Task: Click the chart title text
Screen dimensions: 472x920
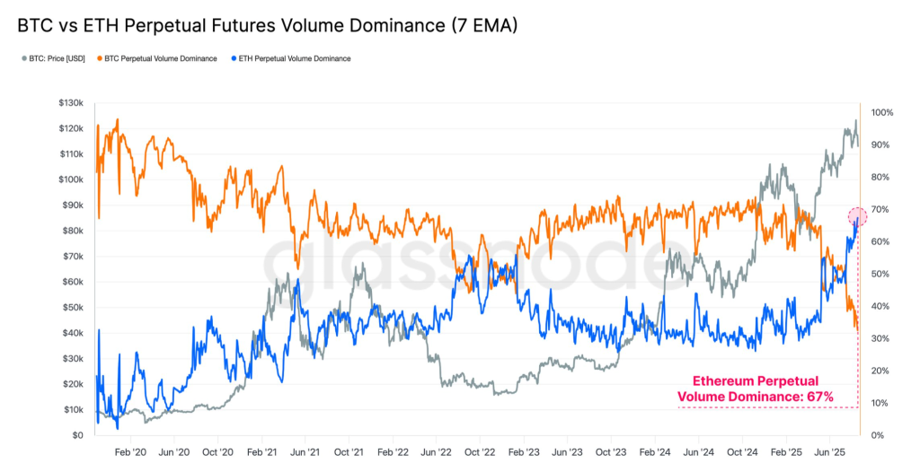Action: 268,27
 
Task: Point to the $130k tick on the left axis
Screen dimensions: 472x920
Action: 70,103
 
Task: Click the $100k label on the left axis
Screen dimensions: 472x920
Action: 70,179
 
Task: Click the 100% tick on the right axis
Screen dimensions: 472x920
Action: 881,113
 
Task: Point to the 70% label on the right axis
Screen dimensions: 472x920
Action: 880,210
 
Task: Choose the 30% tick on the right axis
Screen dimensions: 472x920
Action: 880,339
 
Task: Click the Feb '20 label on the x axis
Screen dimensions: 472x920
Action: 130,454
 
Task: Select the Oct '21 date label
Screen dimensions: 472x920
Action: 348,454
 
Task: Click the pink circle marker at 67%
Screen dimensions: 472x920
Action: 857,216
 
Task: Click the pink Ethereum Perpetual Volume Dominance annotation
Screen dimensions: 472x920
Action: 755,389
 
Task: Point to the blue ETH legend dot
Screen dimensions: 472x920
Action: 234,58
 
